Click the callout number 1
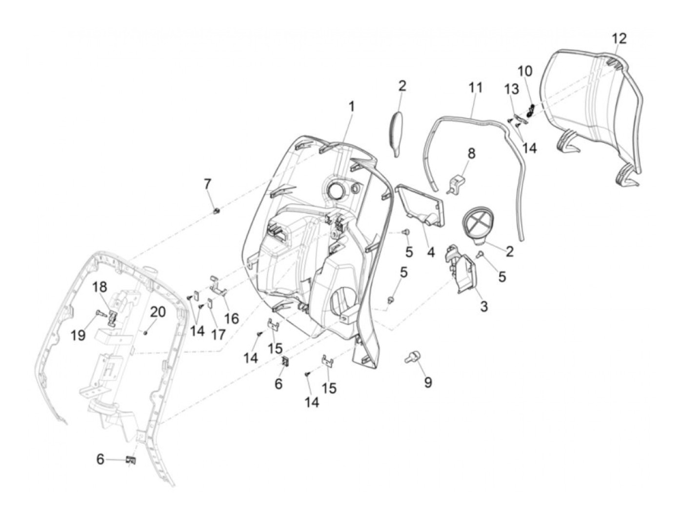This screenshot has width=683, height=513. [x=351, y=106]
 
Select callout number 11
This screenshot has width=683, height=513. [x=475, y=88]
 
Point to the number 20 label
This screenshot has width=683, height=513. [x=158, y=312]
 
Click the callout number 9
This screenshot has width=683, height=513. [x=427, y=382]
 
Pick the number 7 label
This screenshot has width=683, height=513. [x=208, y=184]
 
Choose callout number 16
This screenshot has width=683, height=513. [x=231, y=318]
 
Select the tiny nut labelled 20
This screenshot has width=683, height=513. [x=146, y=332]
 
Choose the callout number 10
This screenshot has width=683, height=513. [x=525, y=71]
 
